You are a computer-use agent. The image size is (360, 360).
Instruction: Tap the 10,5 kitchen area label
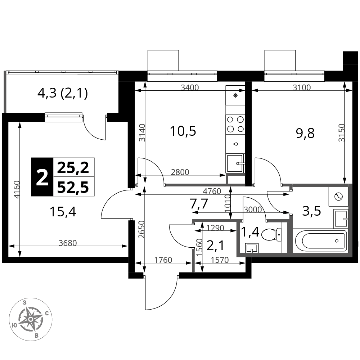[x=183, y=131]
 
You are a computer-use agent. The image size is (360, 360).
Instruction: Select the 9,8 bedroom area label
[x=305, y=134]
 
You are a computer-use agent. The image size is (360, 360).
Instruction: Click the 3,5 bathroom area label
[x=311, y=211]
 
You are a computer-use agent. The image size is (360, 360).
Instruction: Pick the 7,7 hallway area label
[x=199, y=204]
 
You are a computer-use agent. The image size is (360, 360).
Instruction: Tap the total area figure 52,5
[x=73, y=187]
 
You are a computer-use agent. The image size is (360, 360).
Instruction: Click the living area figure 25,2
[x=73, y=168]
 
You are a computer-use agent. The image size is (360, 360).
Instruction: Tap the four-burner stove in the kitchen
[x=235, y=125]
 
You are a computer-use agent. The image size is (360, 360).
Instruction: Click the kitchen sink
[x=235, y=163]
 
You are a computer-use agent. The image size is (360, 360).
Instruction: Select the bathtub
[x=321, y=240]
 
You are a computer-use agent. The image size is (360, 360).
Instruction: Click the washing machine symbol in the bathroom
[x=339, y=197]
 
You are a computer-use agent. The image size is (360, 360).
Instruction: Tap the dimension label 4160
[x=16, y=190]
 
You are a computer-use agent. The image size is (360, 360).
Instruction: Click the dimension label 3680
[x=68, y=243]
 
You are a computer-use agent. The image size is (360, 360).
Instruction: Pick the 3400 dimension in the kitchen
[x=190, y=87]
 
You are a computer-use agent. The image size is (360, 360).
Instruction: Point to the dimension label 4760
[x=212, y=191]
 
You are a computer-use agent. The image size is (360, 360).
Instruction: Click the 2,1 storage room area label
[x=215, y=246]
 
